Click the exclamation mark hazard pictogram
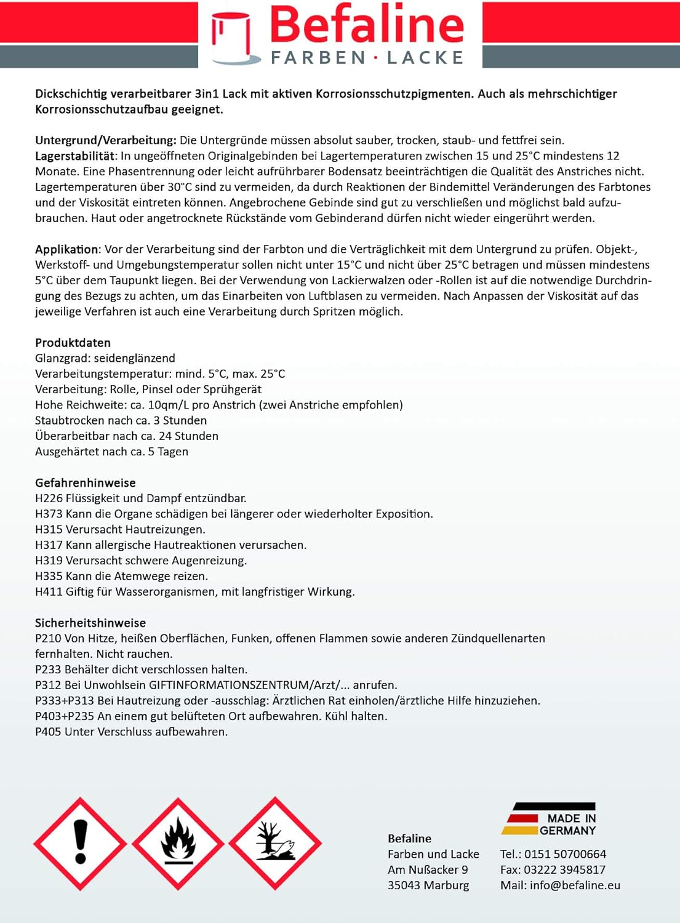pos(80,843)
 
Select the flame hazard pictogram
pos(178,843)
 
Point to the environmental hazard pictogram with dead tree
pos(275,843)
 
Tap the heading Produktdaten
pos(73,343)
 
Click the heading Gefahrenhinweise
pos(85,483)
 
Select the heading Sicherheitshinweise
pos(90,623)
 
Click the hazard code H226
pos(49,498)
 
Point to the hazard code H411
pos(49,592)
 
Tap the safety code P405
pos(48,732)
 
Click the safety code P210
pos(48,639)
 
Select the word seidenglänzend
pos(134,358)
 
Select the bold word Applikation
pos(66,249)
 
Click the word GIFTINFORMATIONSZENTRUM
pos(229,685)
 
